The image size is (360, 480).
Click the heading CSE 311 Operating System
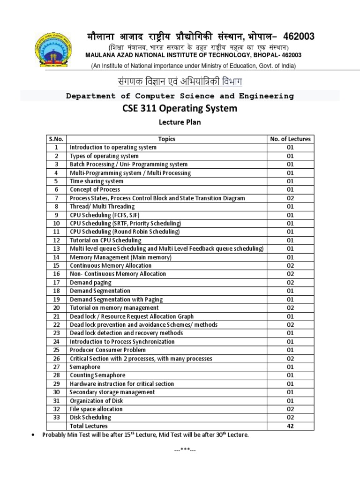180,109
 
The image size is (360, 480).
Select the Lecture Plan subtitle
180,123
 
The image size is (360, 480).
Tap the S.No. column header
56,139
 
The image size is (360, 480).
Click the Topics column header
166,139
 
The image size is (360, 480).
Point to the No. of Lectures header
290,139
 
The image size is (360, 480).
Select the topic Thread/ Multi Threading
102,206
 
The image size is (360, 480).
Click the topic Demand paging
90,282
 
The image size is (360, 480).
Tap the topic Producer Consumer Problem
107,350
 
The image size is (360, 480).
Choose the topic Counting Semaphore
97,375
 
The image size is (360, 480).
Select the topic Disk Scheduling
90,417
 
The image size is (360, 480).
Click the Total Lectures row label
89,426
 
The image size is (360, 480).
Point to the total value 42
290,426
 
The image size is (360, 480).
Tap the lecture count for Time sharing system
290,181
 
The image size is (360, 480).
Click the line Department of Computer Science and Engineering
180,96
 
